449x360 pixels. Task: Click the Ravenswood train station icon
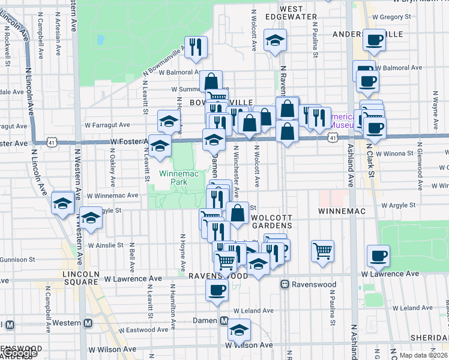pyautogui.click(x=286, y=284)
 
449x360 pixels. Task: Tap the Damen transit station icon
pyautogui.click(x=224, y=321)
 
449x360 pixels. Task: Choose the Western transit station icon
pyautogui.click(x=88, y=323)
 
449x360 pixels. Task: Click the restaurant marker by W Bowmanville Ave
pyautogui.click(x=196, y=48)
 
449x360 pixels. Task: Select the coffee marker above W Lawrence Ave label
pyautogui.click(x=378, y=256)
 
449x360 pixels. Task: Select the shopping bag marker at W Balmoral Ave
pyautogui.click(x=211, y=82)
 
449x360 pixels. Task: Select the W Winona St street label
pyautogui.click(x=395, y=153)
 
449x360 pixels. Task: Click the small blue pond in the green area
pyautogui.click(x=100, y=41)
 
